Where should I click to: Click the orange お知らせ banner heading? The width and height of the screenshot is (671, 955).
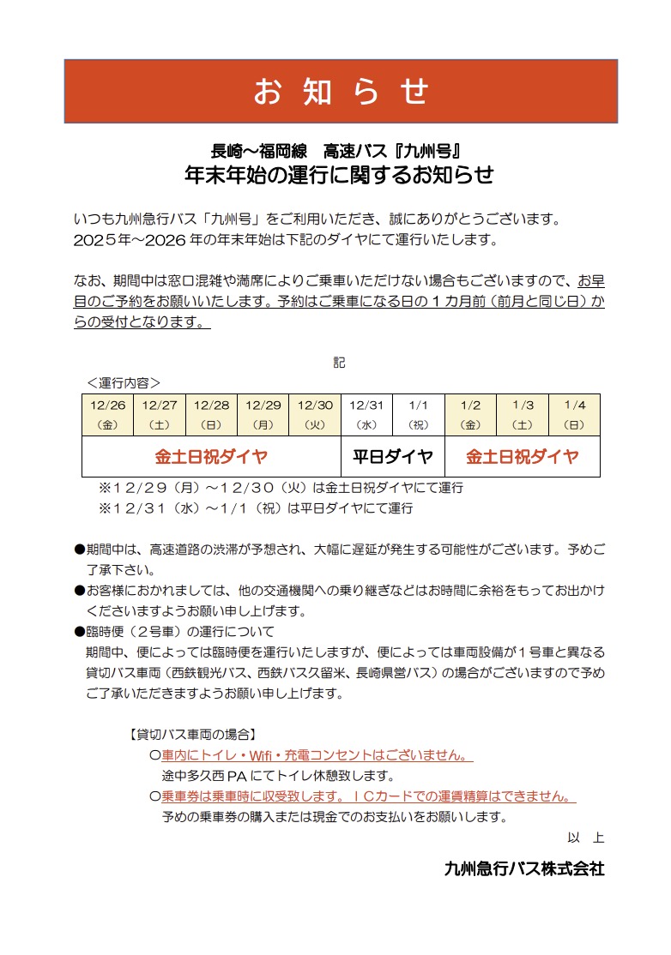click(x=341, y=92)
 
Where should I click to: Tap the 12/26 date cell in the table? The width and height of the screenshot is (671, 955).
click(x=108, y=415)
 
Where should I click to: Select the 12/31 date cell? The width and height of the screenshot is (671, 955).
click(x=366, y=415)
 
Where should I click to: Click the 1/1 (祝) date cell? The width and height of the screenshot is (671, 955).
click(x=419, y=415)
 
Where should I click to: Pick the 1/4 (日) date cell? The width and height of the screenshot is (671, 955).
click(x=574, y=415)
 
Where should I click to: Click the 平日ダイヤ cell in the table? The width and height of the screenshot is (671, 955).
click(x=393, y=457)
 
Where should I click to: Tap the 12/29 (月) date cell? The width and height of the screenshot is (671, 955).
click(x=263, y=415)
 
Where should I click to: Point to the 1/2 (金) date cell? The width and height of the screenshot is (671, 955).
click(x=470, y=415)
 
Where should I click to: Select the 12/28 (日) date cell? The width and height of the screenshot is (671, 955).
click(x=211, y=415)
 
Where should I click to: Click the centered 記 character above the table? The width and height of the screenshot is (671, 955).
click(x=339, y=363)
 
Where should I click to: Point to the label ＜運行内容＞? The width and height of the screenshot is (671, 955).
click(x=124, y=382)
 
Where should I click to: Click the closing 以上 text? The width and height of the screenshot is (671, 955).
click(x=585, y=838)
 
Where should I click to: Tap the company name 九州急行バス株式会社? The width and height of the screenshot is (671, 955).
click(x=523, y=868)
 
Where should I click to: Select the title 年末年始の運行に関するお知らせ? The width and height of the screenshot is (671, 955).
click(x=340, y=175)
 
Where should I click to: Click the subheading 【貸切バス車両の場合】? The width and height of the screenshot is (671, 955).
click(x=190, y=735)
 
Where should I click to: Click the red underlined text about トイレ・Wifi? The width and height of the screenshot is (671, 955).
click(x=317, y=756)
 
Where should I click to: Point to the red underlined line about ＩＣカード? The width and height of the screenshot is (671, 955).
click(x=368, y=796)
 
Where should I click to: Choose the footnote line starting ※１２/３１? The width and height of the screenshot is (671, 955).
click(x=256, y=508)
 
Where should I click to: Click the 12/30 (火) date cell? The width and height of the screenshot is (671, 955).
click(x=315, y=415)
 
